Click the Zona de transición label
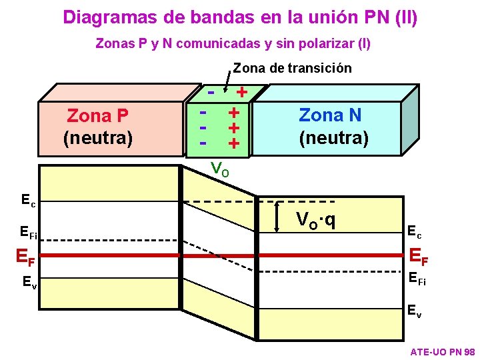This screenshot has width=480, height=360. click(x=292, y=68)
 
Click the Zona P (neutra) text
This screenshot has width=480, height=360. click(x=98, y=127)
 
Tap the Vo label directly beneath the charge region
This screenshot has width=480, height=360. click(x=220, y=169)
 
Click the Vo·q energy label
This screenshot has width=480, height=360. click(x=315, y=219)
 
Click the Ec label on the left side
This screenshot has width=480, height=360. click(x=28, y=199)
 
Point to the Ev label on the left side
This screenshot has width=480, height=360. click(x=29, y=282)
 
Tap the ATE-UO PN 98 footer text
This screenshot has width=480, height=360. click(x=442, y=351)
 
